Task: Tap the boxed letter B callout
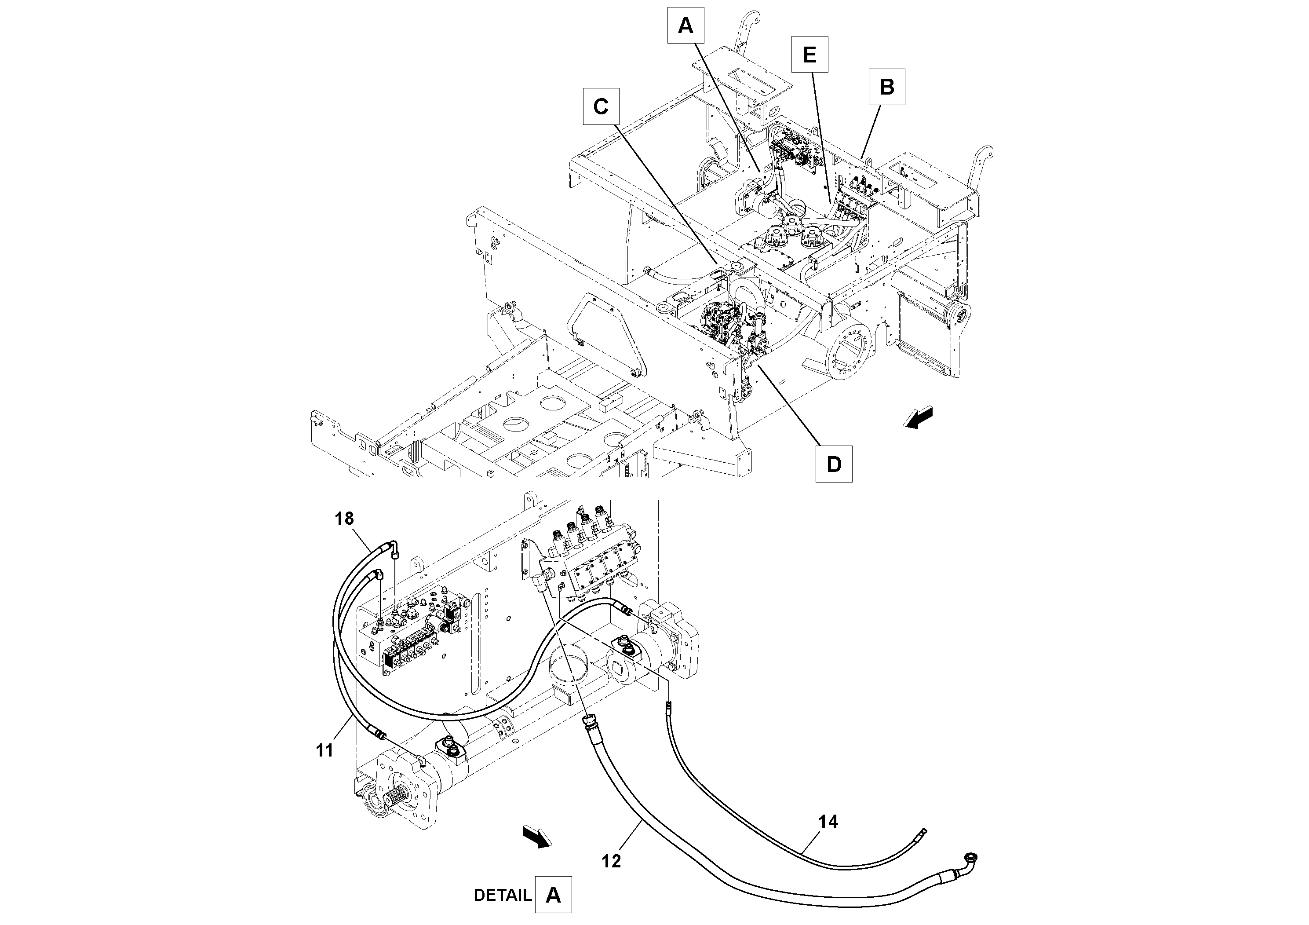(x=886, y=87)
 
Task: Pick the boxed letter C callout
(x=601, y=106)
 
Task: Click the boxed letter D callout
(x=834, y=464)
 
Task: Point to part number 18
(x=344, y=519)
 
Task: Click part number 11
(x=325, y=750)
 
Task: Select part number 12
(x=611, y=861)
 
